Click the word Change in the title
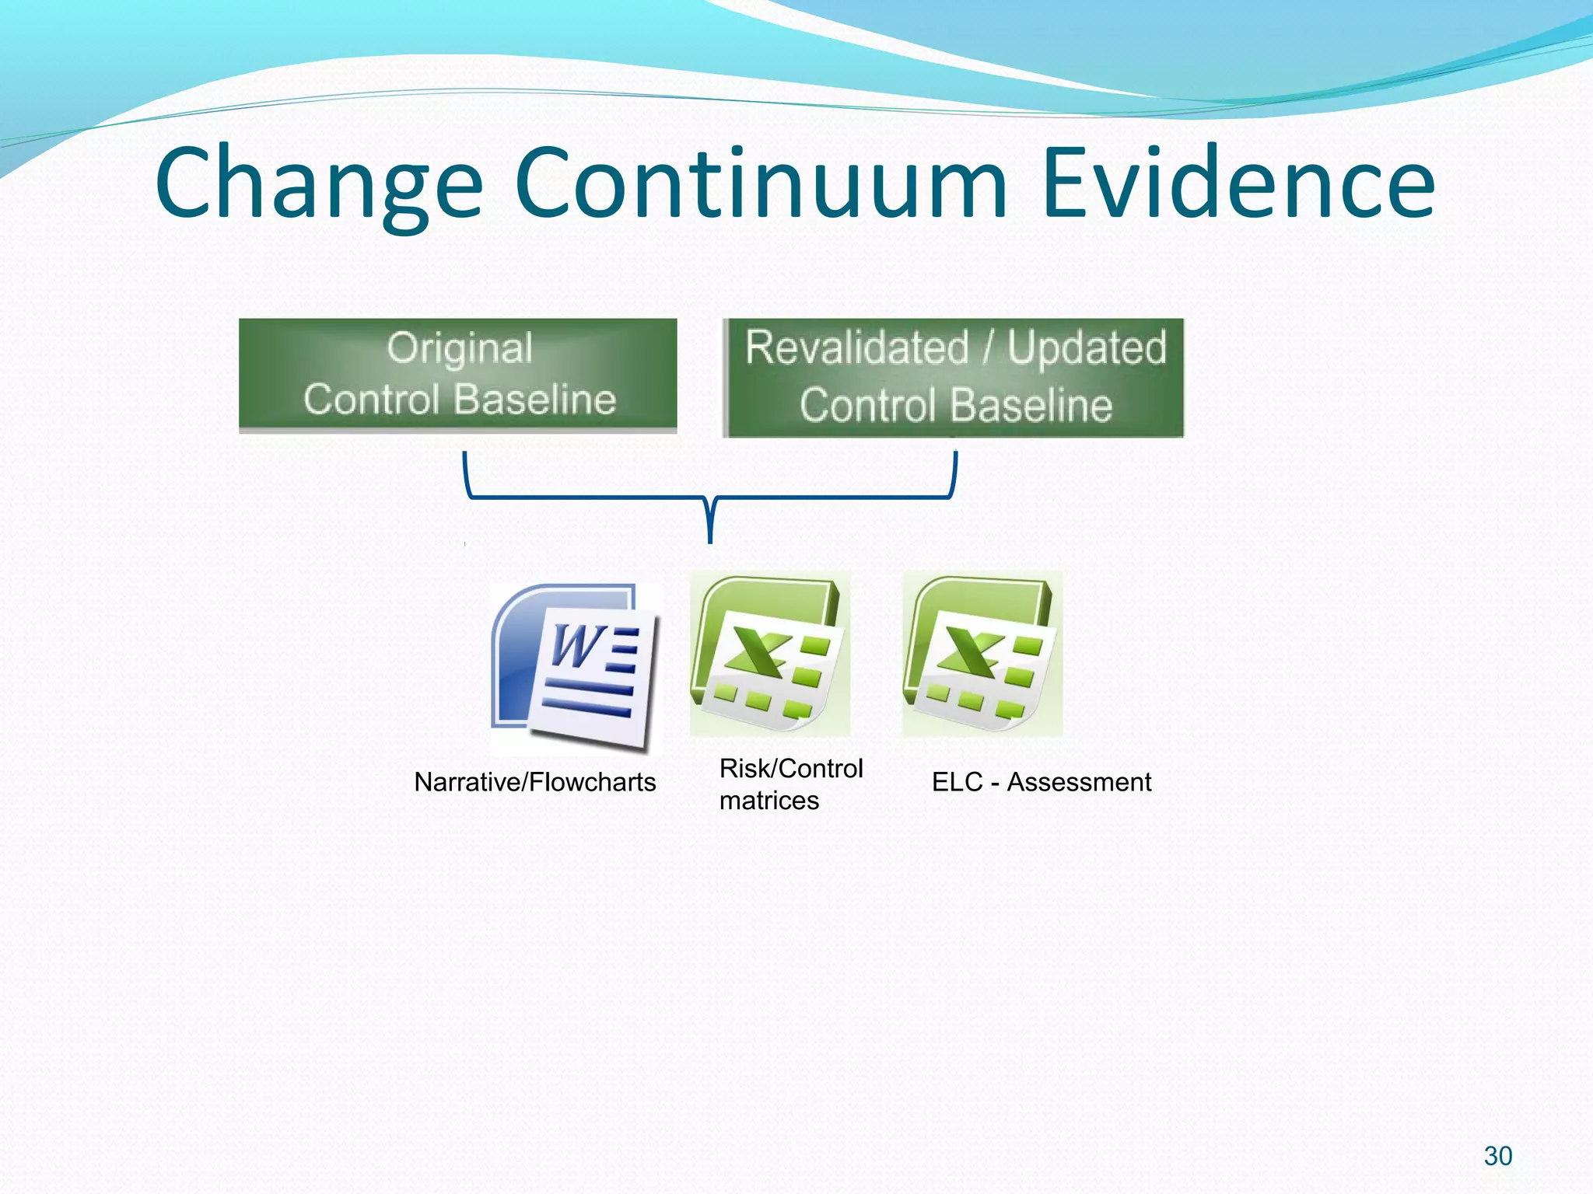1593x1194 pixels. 319,184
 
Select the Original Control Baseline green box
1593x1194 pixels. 457,374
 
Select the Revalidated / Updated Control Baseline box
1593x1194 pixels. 954,378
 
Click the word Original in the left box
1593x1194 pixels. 460,348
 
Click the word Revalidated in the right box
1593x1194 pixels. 856,347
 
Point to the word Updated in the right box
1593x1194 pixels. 1087,347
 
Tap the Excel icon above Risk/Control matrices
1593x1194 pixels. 769,654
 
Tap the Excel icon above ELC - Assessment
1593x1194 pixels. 982,654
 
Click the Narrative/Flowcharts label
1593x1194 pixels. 534,782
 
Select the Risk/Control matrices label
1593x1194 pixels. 790,784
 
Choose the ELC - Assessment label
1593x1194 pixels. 1041,782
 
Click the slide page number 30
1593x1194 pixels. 1497,1156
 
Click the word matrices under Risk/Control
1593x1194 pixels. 768,801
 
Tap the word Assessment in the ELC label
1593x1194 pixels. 1079,782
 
